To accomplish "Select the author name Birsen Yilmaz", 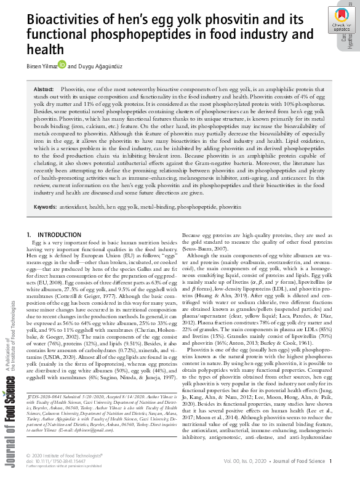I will [x=41, y=65].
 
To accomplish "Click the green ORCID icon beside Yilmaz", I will [x=62, y=64].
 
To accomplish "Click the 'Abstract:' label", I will [x=46, y=90].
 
